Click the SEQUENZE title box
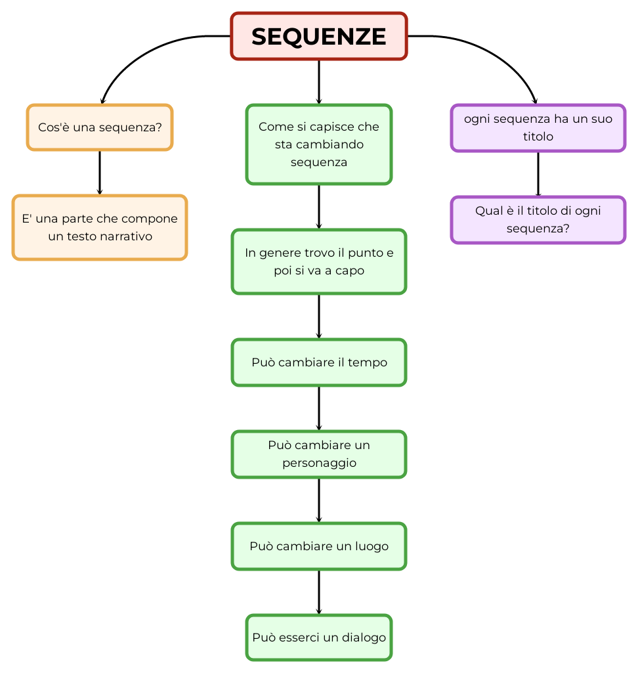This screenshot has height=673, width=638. click(319, 36)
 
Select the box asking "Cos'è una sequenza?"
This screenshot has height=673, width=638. click(100, 127)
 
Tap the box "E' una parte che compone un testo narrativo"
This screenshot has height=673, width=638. click(100, 227)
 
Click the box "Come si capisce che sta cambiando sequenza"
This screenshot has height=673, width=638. click(319, 144)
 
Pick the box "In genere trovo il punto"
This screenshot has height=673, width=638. click(319, 261)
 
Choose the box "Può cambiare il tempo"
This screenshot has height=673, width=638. click(319, 362)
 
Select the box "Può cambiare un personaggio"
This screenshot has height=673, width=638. click(319, 454)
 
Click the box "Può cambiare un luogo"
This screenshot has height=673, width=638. click(319, 546)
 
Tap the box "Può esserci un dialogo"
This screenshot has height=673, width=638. click(319, 638)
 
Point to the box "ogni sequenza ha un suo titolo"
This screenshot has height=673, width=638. click(538, 127)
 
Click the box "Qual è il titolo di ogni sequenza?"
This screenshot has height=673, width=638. click(538, 219)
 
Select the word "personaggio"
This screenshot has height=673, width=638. click(319, 463)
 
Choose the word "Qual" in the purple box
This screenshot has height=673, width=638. click(488, 211)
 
